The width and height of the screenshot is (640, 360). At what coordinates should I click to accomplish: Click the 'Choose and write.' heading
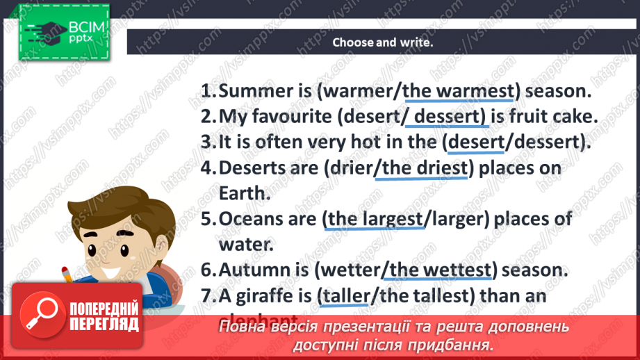(x=382, y=42)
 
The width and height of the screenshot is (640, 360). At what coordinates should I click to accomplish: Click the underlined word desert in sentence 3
(x=476, y=142)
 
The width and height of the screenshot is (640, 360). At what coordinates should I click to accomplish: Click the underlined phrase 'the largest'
(x=375, y=218)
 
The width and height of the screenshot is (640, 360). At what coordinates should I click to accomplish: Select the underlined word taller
(x=346, y=295)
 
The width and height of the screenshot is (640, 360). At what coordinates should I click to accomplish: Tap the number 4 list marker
(x=207, y=168)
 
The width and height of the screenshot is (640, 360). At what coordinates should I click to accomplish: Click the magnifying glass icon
(x=40, y=312)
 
